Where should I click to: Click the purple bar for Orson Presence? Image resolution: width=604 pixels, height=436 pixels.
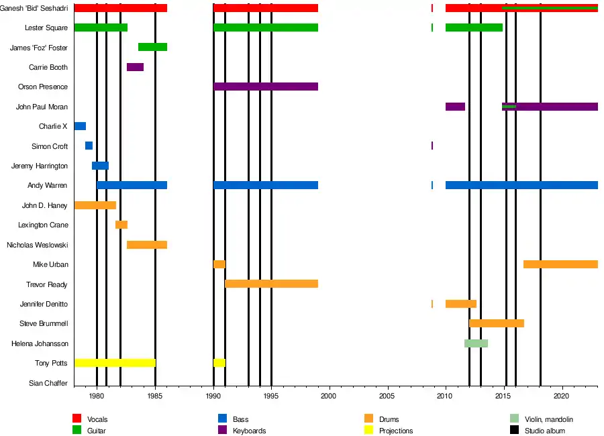pos(266,87)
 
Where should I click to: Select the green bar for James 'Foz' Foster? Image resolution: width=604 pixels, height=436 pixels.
pos(152,47)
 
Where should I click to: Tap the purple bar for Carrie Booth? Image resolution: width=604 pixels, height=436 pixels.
pos(135,67)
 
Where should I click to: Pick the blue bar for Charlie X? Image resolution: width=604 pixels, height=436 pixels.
pos(80,126)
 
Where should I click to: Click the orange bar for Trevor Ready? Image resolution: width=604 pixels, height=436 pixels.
pos(271,284)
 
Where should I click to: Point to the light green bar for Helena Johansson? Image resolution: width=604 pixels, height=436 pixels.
pos(476,343)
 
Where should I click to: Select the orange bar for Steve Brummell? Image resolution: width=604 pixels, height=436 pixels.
pos(496,324)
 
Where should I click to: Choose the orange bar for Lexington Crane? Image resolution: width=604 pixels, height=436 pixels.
pos(121,225)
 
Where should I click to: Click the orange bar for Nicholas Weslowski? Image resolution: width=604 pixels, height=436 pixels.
pos(147,245)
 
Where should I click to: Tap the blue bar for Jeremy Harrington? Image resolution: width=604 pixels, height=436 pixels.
pos(100,166)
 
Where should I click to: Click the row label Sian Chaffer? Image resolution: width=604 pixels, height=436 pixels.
pos(48,383)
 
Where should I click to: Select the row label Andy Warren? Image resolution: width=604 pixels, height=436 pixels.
pos(47,185)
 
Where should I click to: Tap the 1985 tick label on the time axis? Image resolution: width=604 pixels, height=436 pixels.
pos(155,396)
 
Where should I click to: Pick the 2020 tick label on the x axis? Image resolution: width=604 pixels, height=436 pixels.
pos(562,396)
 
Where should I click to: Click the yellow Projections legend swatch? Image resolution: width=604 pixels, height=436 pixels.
pos(368,431)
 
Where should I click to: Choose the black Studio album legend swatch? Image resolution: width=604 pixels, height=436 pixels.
pos(515,431)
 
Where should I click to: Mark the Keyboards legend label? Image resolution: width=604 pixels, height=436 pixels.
pos(250,431)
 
